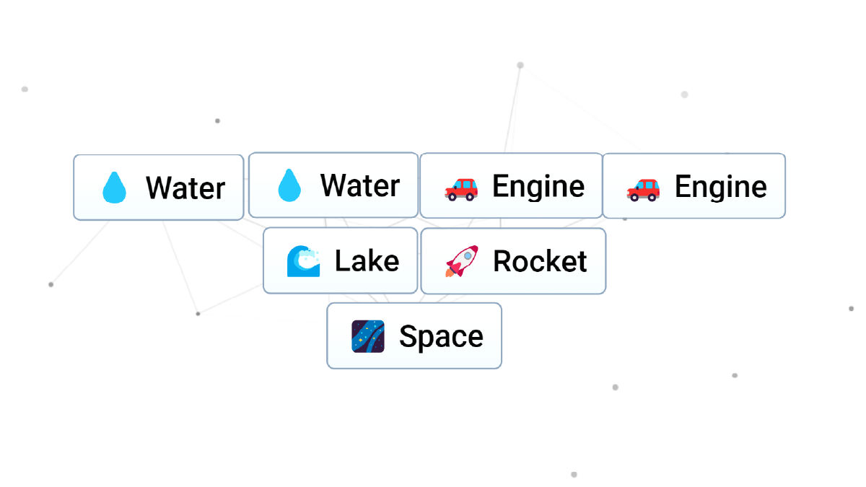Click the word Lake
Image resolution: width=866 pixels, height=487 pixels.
pos(367,261)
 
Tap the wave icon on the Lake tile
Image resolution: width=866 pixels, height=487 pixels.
pos(303,261)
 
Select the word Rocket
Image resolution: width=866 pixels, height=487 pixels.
pos(540,261)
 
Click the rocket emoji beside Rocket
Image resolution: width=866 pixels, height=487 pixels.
pos(461,261)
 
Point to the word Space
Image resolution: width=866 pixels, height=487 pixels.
pos(441,336)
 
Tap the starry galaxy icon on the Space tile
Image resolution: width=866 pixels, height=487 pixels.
pos(368,336)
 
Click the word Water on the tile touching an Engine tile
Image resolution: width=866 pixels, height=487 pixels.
pos(360,186)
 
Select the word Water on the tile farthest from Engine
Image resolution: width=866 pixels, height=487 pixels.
pos(185,188)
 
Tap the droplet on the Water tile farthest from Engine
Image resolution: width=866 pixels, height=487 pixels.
pos(114,188)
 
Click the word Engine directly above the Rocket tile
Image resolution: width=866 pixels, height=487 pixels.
pos(538,187)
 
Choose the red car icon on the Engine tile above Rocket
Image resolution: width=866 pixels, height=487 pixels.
pos(461,188)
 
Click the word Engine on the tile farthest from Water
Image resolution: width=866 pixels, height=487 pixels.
pos(720,188)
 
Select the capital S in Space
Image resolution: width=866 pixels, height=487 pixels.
pos(408,337)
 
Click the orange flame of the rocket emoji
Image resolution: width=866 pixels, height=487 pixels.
pos(450,273)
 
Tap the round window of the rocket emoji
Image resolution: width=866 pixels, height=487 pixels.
pos(467,255)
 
